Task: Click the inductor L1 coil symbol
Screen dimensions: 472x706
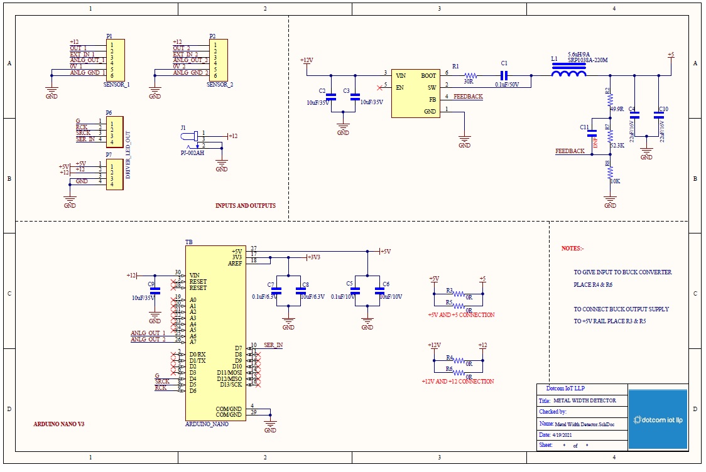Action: (x=568, y=75)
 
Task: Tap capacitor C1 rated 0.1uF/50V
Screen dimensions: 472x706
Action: (x=504, y=75)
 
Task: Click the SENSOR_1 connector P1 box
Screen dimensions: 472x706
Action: (x=116, y=59)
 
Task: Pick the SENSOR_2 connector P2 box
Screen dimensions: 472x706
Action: (x=218, y=59)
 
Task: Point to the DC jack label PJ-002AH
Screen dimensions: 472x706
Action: (x=192, y=152)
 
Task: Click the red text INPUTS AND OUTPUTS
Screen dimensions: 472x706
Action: (x=245, y=206)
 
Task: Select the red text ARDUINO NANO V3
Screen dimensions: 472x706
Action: (x=59, y=424)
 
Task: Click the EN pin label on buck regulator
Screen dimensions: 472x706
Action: (x=399, y=87)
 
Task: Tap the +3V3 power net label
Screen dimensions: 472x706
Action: (x=313, y=257)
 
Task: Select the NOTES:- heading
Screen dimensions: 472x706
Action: (x=572, y=249)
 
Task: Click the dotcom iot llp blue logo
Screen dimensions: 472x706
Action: (x=658, y=419)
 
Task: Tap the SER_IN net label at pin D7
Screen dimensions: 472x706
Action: (x=273, y=346)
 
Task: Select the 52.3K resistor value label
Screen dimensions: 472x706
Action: (x=617, y=145)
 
